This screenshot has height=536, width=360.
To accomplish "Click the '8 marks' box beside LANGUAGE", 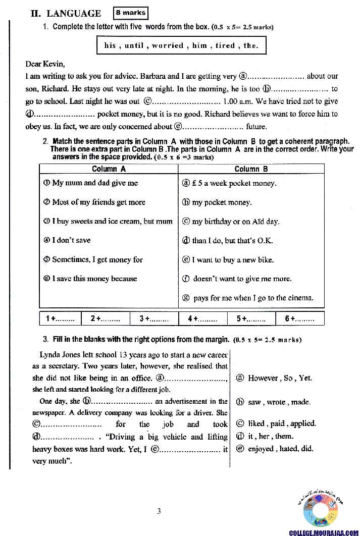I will click(131, 13).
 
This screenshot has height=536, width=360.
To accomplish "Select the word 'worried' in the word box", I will click(168, 45).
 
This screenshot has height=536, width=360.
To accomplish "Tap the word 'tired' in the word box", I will click(225, 45).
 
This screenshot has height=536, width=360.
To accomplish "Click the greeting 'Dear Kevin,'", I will click(45, 64).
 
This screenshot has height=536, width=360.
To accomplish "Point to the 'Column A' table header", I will click(109, 169).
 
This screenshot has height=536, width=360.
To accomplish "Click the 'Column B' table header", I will click(251, 169).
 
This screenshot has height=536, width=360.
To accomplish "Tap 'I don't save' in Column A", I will click(71, 240).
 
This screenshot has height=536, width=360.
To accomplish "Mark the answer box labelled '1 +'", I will click(60, 318).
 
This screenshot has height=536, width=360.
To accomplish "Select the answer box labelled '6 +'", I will click(299, 318).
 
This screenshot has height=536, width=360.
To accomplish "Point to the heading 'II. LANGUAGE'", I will click(66, 14).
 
